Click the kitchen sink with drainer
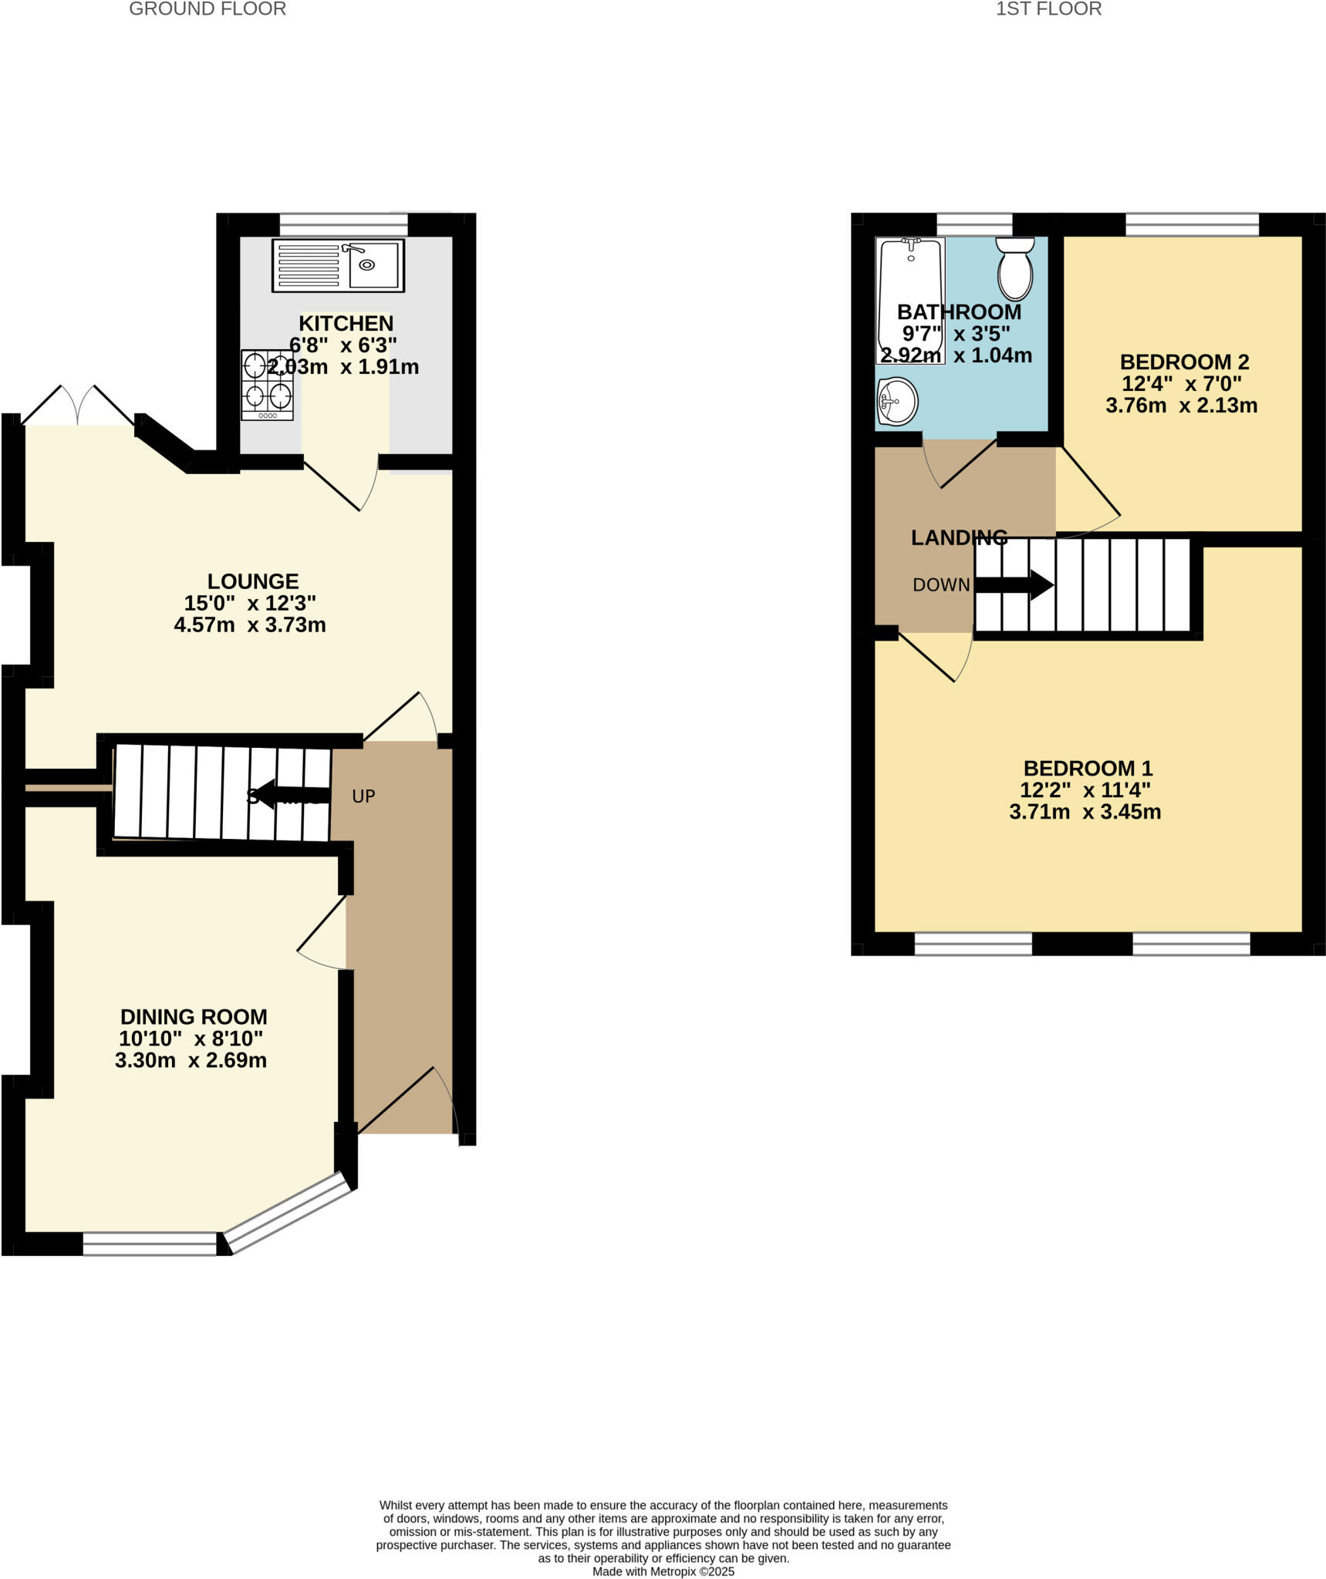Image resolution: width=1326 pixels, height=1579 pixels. tap(338, 265)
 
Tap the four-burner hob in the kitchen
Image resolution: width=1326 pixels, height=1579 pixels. tap(268, 385)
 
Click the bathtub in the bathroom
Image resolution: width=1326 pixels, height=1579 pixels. tap(910, 301)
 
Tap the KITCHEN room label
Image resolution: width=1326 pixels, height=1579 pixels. tap(346, 323)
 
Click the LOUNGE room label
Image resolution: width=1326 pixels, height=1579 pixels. tap(253, 581)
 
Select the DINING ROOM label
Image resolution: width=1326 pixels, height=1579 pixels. tap(194, 1017)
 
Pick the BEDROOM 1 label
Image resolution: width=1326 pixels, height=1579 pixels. tap(1088, 768)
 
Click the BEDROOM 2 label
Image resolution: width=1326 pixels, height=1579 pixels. tap(1184, 362)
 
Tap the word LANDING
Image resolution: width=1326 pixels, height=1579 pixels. tap(959, 538)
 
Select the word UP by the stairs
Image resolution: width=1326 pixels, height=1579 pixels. tap(363, 796)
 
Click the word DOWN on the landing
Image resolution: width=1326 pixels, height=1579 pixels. tap(941, 585)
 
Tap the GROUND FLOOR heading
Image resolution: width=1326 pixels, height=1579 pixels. tap(208, 9)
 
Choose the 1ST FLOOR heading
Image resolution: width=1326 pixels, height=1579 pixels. tap(1048, 9)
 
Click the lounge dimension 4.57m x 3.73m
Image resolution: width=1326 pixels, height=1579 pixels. tap(250, 625)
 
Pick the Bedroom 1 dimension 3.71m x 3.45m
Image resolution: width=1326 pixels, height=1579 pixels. tap(1085, 812)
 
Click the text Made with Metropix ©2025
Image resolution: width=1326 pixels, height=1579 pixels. tap(663, 1571)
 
